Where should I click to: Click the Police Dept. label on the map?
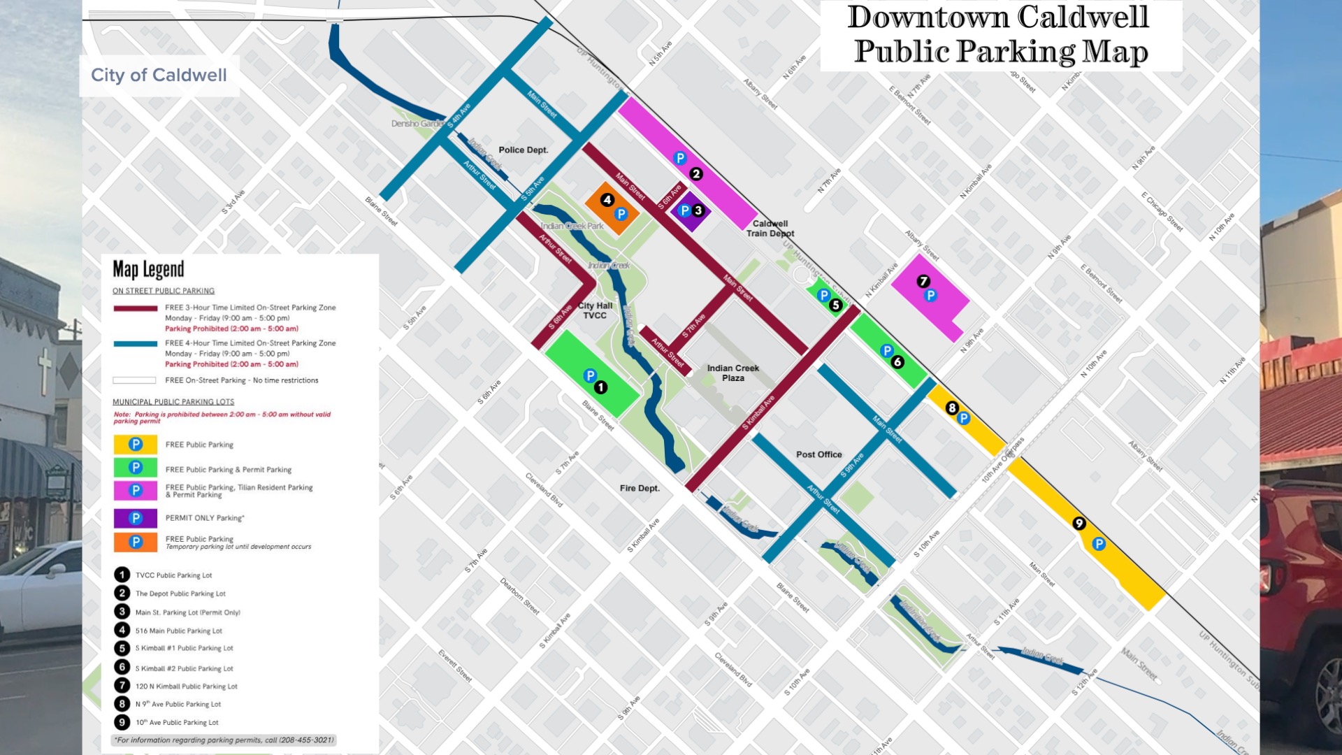523,150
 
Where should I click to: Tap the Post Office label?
818,454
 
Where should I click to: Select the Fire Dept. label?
640,488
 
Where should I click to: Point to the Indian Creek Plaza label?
733,373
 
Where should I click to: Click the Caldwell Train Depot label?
770,229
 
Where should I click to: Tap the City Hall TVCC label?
595,310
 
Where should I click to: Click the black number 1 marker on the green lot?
600,387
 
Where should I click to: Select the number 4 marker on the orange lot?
607,200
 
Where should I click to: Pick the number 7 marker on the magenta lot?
923,281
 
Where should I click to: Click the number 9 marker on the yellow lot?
1079,523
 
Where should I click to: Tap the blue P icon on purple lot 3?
684,210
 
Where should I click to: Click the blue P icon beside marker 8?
964,418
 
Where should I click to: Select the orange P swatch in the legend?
136,542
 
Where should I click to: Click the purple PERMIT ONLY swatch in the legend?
136,518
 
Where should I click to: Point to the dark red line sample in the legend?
136,308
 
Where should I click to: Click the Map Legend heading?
148,269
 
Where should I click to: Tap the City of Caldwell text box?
159,75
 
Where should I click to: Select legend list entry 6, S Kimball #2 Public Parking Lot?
184,668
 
